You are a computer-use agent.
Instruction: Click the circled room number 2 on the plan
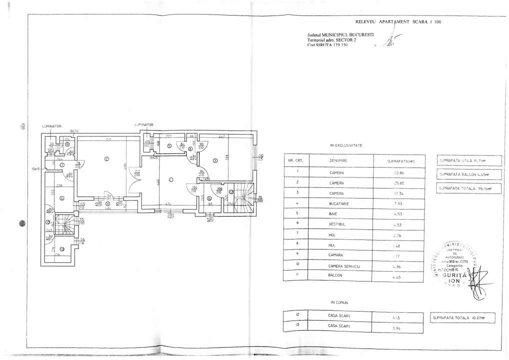pyautogui.click(x=106, y=159)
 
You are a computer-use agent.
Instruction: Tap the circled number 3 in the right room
pyautogui.click(x=214, y=160)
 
